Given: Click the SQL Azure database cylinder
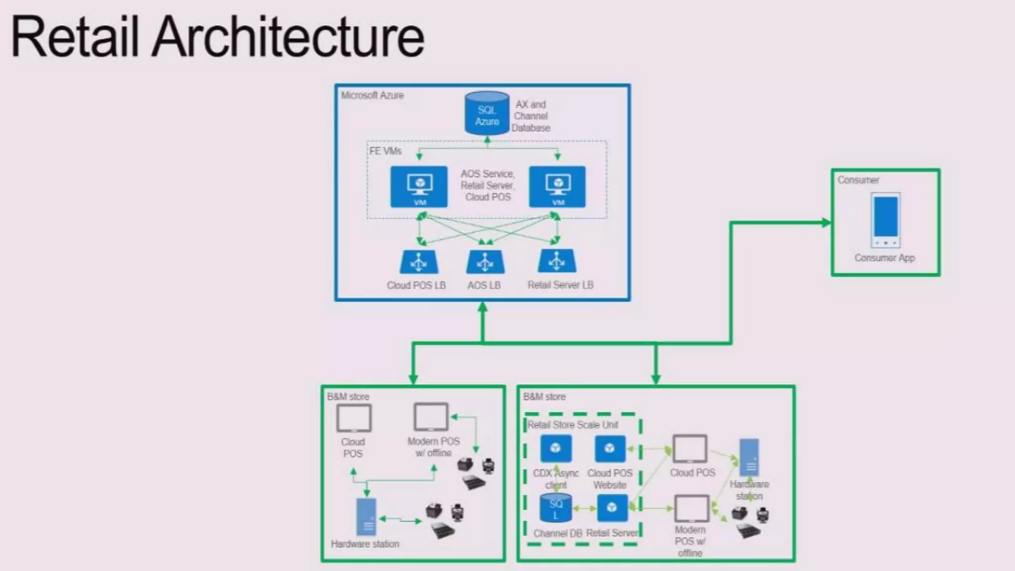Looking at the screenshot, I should [x=487, y=114].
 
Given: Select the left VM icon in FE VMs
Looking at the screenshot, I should [x=419, y=186].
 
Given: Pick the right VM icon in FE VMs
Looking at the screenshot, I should [x=557, y=186].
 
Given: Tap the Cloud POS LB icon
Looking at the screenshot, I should [x=419, y=262].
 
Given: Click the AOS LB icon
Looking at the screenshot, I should [x=485, y=262].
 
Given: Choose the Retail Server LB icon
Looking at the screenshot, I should [x=557, y=261].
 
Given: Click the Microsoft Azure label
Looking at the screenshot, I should [x=372, y=95].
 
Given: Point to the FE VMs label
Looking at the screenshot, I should [x=385, y=151].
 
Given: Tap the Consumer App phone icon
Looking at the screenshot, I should [x=885, y=220].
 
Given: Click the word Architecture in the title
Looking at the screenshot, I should [x=287, y=38].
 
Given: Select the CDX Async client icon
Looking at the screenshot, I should [x=555, y=449].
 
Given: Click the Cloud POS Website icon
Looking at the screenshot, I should [x=610, y=449].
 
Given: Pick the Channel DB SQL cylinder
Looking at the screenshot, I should [x=556, y=508].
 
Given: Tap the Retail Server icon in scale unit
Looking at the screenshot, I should [x=612, y=508].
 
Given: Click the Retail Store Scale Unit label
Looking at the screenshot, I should [x=572, y=425].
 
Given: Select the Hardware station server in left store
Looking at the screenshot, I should [x=366, y=517].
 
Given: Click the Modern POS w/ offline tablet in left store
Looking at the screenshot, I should [x=431, y=417].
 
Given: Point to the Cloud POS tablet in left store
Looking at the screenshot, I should [x=353, y=418].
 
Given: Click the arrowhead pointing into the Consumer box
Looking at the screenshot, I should [x=826, y=223].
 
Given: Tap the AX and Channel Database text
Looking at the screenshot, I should [x=531, y=116].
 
